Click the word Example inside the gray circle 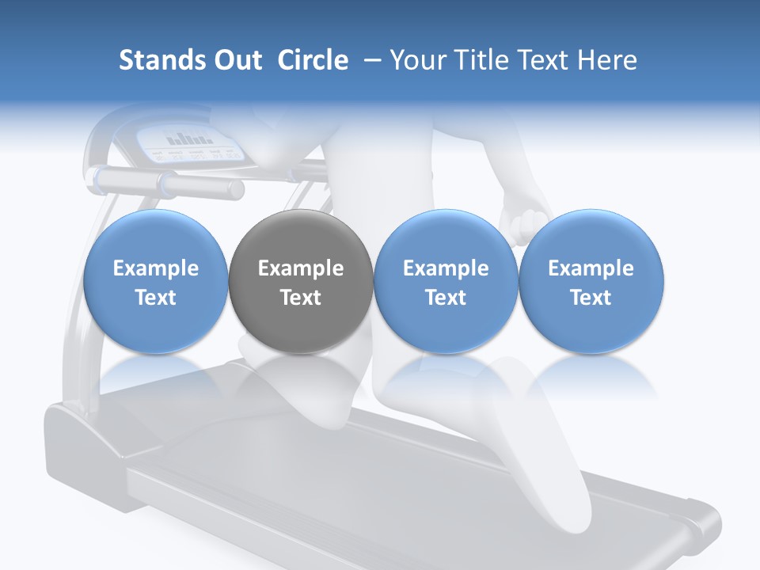click(x=301, y=268)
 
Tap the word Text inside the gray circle click(x=301, y=298)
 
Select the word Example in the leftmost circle click(x=156, y=268)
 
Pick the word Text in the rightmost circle click(x=591, y=298)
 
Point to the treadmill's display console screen click(x=190, y=144)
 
